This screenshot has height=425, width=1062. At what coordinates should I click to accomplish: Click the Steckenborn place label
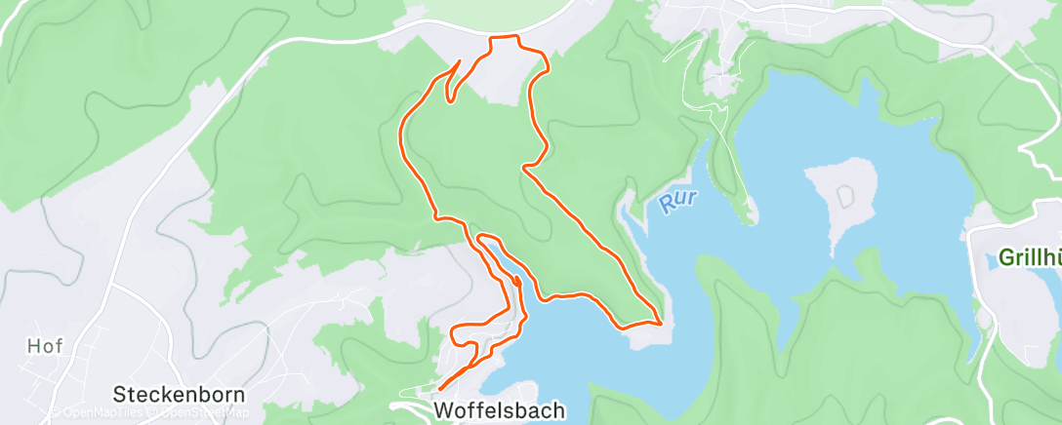pos(178,395)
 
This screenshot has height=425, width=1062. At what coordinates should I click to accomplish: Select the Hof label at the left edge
pos(45,346)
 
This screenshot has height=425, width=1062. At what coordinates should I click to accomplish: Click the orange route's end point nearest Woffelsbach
pos(440,390)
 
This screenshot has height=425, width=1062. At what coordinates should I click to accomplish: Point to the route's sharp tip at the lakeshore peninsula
pos(661,322)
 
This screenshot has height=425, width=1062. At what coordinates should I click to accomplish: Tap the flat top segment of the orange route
pos(504,37)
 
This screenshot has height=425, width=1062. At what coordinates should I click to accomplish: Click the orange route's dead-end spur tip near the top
pos(459,61)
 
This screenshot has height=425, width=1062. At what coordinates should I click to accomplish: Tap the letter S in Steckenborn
pos(119,395)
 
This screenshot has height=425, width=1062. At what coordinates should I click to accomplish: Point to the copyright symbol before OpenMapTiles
pos(57,412)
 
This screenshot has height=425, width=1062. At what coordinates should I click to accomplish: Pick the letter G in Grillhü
pos(1005,258)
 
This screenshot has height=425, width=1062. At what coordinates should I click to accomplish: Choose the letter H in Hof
pos(33,346)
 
